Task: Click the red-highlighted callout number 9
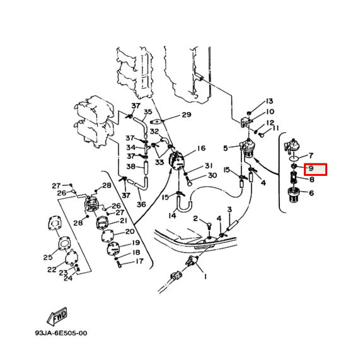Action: (311, 169)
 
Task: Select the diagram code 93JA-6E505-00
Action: (61, 334)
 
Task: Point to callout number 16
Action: (201, 149)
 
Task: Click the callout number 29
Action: (186, 115)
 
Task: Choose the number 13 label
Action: (269, 102)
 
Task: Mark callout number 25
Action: (48, 257)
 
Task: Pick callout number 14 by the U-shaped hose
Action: (171, 216)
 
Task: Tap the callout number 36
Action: (141, 204)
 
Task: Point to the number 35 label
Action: (148, 112)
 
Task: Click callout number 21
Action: (123, 221)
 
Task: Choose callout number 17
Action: (139, 261)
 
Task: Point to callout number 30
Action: (212, 175)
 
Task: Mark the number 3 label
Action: (229, 209)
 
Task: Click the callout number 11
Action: (275, 128)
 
